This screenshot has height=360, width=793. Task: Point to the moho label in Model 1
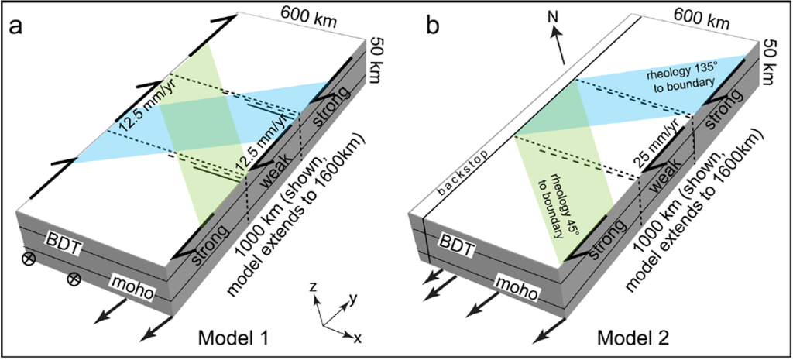click(x=132, y=288)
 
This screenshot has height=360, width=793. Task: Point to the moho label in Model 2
click(x=528, y=287)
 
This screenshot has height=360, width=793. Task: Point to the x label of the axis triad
click(x=357, y=338)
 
